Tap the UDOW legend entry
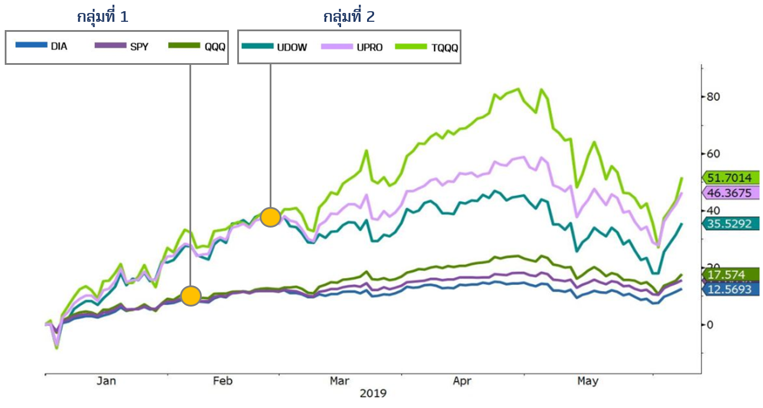[274, 47]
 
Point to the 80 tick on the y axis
[714, 97]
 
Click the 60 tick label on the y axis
[714, 154]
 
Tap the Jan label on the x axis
[106, 381]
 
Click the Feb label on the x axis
[222, 381]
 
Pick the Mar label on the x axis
[339, 381]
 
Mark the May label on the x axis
[587, 381]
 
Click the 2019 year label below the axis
[373, 393]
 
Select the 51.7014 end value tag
[731, 177]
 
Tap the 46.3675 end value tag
[731, 193]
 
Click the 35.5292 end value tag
[731, 223]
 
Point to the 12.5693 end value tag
[731, 289]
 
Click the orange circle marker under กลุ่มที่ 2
[270, 217]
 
